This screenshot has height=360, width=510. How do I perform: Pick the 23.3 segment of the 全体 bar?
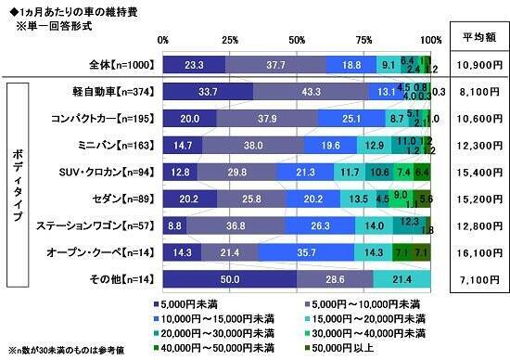(194, 64)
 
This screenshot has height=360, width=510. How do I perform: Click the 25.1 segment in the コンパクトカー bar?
(352, 118)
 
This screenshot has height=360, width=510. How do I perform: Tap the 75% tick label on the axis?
(364, 41)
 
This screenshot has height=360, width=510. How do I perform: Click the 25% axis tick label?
(230, 41)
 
